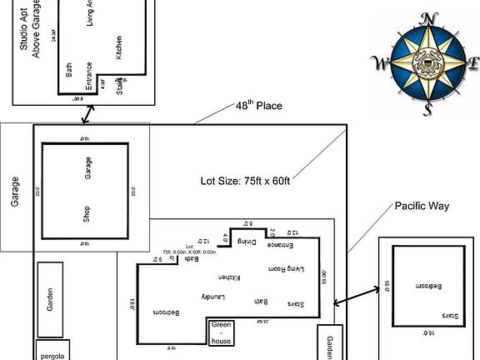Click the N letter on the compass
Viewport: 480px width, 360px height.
[x=428, y=18]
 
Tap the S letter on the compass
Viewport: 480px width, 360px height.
[x=427, y=109]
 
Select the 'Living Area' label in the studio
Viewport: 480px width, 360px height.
[x=90, y=13]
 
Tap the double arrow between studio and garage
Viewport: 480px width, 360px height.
[x=83, y=113]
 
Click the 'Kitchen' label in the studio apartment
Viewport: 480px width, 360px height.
[x=119, y=46]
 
